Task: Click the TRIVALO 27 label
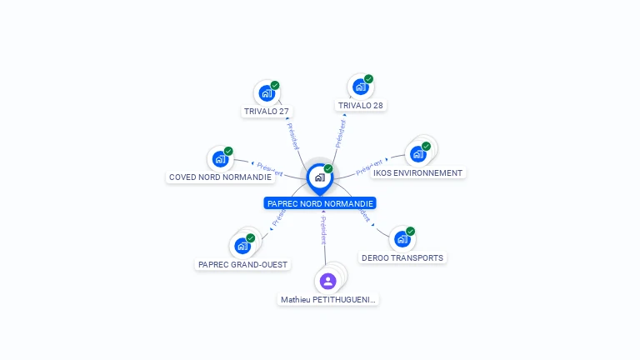[267, 111]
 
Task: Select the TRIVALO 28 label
[360, 106]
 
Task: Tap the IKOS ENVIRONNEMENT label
[417, 173]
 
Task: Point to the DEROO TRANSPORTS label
[402, 258]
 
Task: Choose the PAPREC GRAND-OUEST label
[242, 265]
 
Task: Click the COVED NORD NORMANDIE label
[220, 177]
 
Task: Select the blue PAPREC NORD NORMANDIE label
[320, 203]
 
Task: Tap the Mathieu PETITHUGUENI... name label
[328, 299]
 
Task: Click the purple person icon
[327, 281]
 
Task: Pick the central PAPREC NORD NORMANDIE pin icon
[319, 177]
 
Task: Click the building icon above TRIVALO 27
[267, 92]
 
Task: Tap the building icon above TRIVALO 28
[360, 87]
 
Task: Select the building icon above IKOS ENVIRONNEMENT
[417, 153]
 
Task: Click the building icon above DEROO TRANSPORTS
[402, 239]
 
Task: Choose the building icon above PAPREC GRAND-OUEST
[242, 246]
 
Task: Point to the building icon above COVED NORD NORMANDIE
[220, 158]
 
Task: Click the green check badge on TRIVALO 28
[368, 79]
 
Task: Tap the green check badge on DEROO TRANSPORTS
[410, 232]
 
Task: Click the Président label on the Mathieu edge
[323, 229]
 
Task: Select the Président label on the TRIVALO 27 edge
[292, 136]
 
